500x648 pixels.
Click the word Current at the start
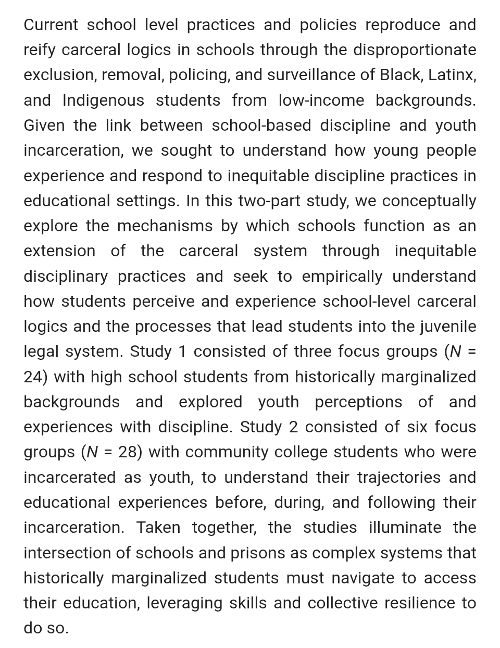pos(51,25)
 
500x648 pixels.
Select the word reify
pos(40,50)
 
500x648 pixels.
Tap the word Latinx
pos(452,75)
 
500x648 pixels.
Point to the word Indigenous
pos(103,100)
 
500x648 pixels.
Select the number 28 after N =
pos(127,452)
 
